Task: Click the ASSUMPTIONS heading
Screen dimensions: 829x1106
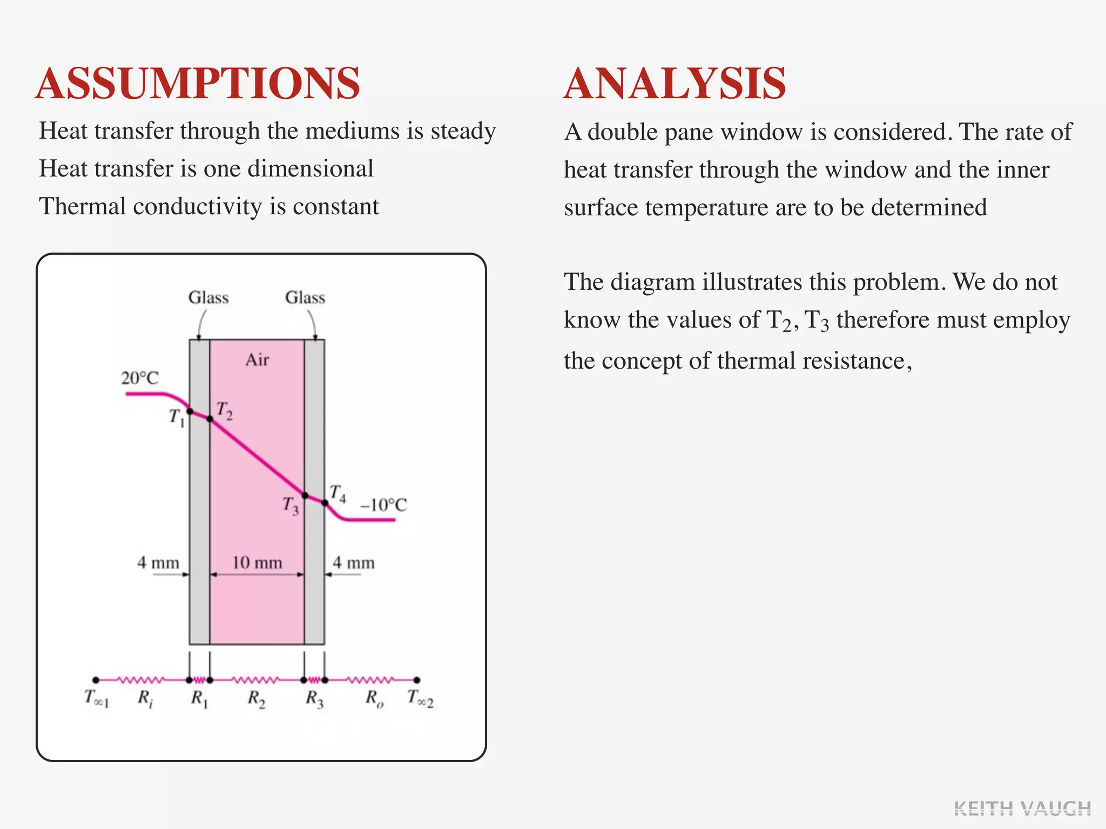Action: (x=198, y=84)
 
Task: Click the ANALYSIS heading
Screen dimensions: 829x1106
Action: (x=675, y=84)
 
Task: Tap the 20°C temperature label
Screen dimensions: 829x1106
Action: (x=140, y=378)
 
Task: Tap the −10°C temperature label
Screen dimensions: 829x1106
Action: (x=383, y=505)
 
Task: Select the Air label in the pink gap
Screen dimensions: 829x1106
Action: (x=257, y=360)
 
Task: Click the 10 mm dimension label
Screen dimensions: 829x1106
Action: (x=257, y=563)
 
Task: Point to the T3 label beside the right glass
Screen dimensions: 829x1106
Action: (x=291, y=506)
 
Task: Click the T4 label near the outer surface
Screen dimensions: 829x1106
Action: (x=338, y=493)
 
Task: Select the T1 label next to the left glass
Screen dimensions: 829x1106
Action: (x=177, y=417)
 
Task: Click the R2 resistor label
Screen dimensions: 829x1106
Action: (x=257, y=699)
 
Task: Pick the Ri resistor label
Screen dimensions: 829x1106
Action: (x=145, y=699)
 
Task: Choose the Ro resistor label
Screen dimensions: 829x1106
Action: (x=374, y=699)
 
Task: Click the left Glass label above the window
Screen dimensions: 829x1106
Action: (x=208, y=297)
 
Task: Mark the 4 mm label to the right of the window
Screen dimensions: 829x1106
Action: (x=353, y=563)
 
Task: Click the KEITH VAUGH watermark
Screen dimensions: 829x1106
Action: (x=1022, y=808)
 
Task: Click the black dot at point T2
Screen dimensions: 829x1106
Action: (x=210, y=418)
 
